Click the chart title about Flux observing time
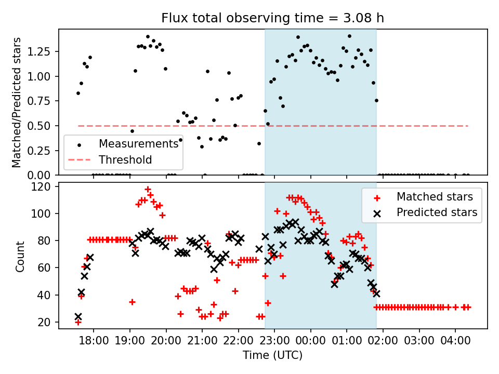272,18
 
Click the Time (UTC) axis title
272,355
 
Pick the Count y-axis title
20,256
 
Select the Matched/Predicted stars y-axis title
17,102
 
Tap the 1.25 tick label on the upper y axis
41,51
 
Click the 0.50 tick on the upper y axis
41,126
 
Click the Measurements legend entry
138,143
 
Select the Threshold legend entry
125,159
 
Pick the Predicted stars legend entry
437,212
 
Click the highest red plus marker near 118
148,190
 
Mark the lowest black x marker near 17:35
78,316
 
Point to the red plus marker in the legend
375,197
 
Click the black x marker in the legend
375,212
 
